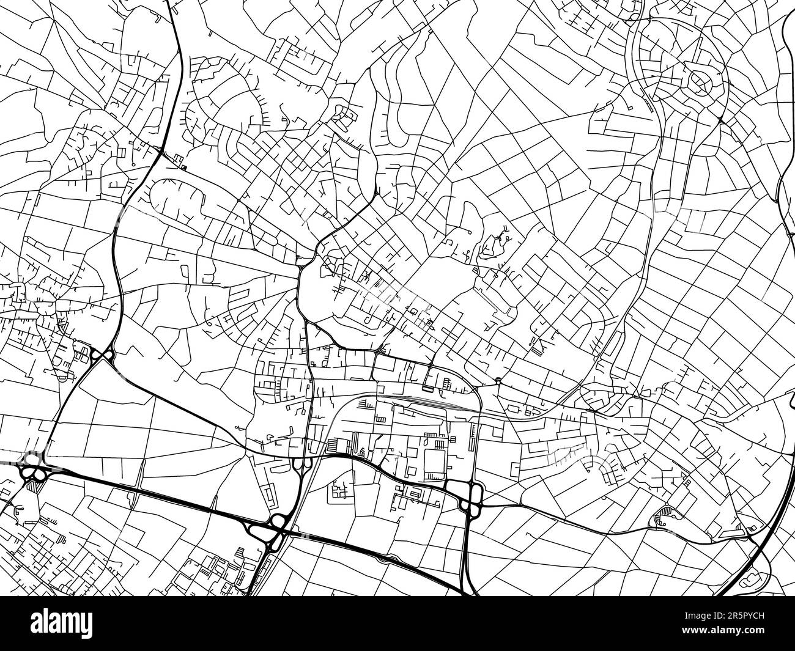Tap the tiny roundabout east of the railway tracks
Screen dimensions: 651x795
[x=498, y=380]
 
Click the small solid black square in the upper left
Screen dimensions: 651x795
[x=184, y=166]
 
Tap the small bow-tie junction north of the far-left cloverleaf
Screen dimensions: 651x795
[x=101, y=354]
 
